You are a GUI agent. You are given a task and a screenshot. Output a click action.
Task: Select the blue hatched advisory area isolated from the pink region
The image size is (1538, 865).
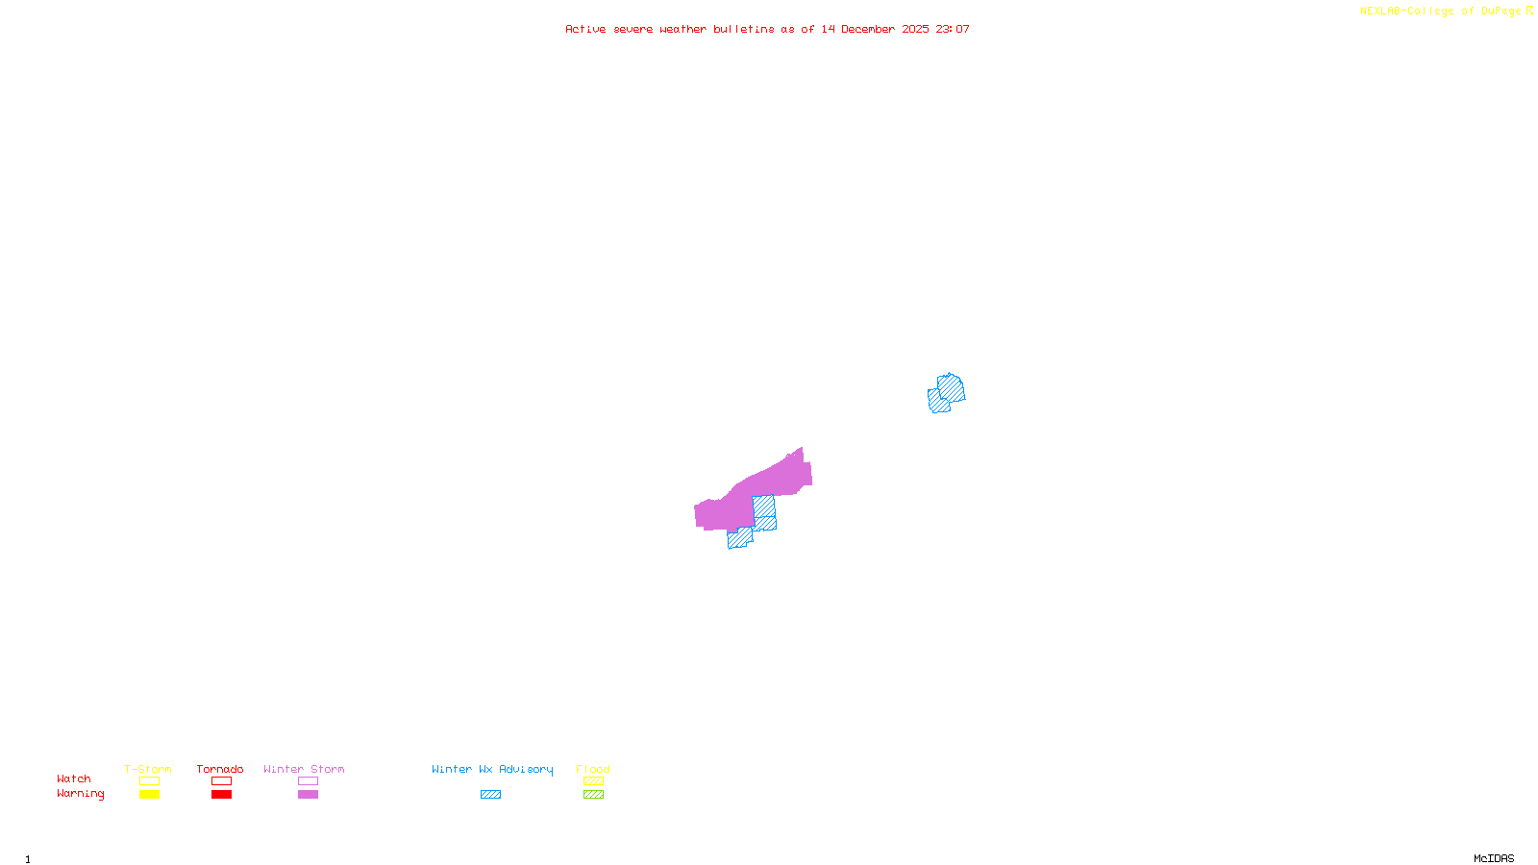coord(948,392)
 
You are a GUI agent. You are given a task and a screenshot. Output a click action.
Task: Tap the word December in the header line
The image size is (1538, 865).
coord(868,30)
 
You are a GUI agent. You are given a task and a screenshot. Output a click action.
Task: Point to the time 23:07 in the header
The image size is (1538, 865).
coord(953,30)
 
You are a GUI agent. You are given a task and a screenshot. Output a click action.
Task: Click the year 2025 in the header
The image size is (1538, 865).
coord(915,30)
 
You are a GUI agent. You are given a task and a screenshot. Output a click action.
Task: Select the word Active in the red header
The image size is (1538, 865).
coord(585,30)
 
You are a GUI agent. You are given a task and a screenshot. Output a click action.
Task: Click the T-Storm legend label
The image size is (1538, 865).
coord(148,769)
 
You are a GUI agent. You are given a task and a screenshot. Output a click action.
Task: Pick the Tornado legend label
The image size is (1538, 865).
coord(220,769)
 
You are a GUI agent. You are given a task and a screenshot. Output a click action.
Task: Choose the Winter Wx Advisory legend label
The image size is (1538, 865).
coord(492,769)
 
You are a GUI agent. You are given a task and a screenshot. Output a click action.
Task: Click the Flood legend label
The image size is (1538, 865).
coord(593,769)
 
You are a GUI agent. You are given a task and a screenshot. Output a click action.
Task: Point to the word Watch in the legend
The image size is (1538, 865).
coord(74,778)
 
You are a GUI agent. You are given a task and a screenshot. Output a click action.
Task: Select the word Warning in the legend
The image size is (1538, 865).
coord(80,794)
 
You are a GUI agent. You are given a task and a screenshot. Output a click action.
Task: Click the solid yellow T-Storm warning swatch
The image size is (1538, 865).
coord(149,795)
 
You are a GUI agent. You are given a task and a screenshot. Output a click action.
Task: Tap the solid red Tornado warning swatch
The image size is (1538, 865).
coord(221,795)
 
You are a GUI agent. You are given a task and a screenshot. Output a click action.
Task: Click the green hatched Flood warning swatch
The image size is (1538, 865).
coord(593,795)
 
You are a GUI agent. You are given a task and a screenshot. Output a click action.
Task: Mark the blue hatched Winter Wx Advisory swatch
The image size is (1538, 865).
coord(490,795)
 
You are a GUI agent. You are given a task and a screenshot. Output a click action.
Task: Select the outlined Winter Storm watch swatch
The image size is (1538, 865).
coord(308,781)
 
